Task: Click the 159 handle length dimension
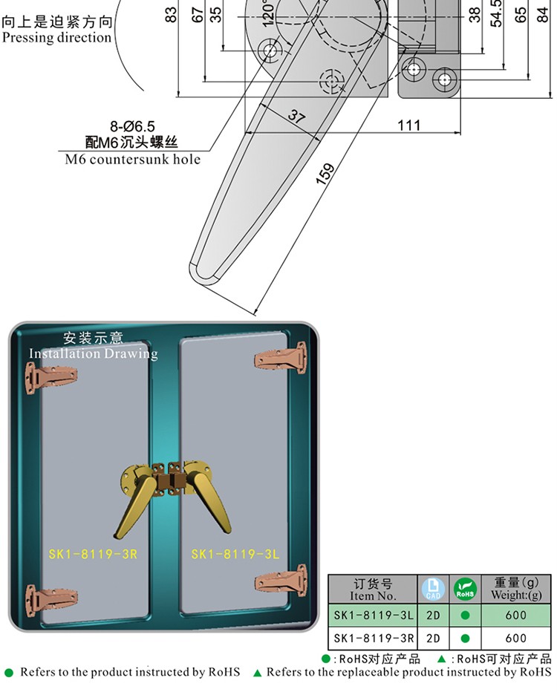coord(325,174)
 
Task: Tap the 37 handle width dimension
coord(296,116)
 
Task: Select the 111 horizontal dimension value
coord(408,125)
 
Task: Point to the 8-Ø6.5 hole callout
coord(132,127)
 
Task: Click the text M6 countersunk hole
coord(132,159)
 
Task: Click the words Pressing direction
coord(56,38)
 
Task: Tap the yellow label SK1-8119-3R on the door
coord(93,554)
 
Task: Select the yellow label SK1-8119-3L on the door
coord(235,554)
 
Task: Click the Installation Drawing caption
coord(93,353)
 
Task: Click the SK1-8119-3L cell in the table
coord(374,616)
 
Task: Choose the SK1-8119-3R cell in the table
coord(374,638)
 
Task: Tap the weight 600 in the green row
coord(515,616)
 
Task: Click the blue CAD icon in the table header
coord(433,589)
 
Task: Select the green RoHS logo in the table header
coord(465,589)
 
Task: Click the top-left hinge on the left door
coord(51,377)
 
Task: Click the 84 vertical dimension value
coord(544,15)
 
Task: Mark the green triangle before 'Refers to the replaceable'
coord(257,673)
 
